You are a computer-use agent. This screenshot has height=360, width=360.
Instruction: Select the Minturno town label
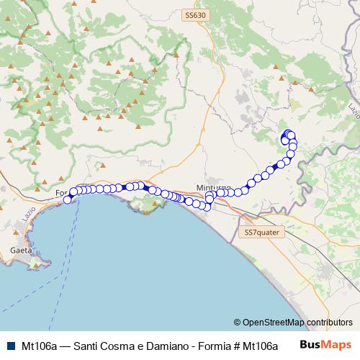pos(212,188)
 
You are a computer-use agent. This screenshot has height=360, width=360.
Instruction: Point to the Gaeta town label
pos(21,250)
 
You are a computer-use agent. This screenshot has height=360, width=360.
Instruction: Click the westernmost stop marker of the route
pos(68,200)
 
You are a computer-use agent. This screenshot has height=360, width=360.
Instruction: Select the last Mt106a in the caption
pos(242,345)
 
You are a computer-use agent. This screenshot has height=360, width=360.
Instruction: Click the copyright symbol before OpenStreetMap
pos(237,323)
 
